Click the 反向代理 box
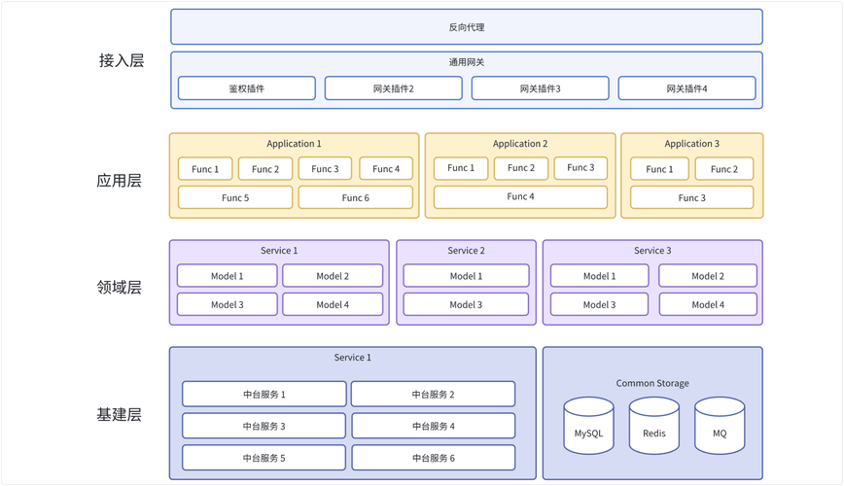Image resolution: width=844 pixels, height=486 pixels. point(466,27)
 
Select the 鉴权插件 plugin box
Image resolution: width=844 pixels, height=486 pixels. point(247,88)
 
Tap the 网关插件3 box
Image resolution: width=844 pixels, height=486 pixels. point(540,88)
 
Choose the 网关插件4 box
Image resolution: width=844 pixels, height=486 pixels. point(686,88)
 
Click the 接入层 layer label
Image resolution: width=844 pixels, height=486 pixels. point(121,60)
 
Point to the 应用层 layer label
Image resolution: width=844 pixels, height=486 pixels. point(120,180)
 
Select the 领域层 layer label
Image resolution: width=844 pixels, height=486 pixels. point(120,287)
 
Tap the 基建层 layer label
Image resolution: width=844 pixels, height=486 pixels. point(120,414)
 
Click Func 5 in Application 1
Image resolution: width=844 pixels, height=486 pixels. point(235,197)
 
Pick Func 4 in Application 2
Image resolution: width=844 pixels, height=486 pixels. point(520,197)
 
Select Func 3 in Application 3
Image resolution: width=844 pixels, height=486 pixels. point(691,197)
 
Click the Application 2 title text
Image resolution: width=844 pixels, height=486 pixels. point(520,144)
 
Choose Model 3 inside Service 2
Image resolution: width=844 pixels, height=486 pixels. point(466,304)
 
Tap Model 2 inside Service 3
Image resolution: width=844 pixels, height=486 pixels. point(708,276)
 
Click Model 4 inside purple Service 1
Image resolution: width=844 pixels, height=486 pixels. point(333,304)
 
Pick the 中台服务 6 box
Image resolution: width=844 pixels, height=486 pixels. point(433,458)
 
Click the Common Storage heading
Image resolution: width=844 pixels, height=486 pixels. point(652,383)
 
